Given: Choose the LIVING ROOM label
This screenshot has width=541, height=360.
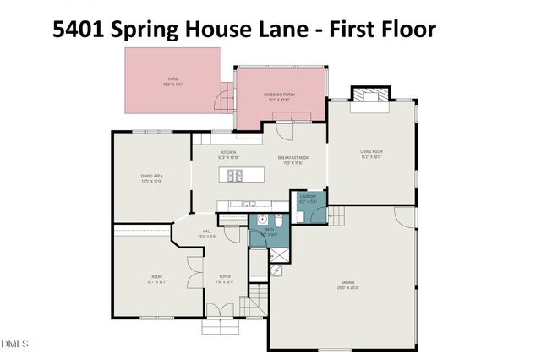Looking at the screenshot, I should [372, 154].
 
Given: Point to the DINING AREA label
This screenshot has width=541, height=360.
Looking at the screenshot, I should [152, 177].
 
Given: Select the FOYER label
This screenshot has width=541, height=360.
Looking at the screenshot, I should [225, 278].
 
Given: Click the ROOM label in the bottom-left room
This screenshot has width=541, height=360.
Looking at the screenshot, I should [156, 278].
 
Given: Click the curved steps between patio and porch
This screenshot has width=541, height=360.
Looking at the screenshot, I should [228, 95].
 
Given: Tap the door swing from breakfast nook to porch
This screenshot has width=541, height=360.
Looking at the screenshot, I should [285, 131].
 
